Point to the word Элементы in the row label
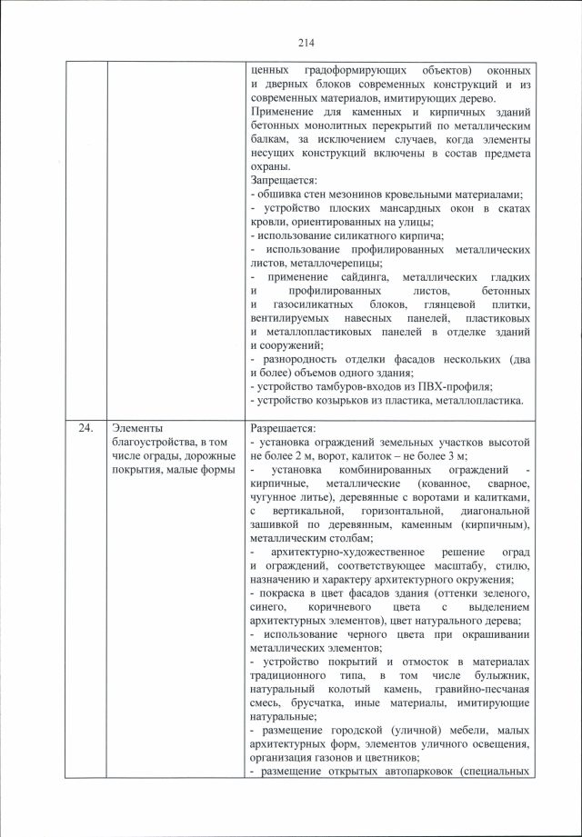[x=135, y=427]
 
